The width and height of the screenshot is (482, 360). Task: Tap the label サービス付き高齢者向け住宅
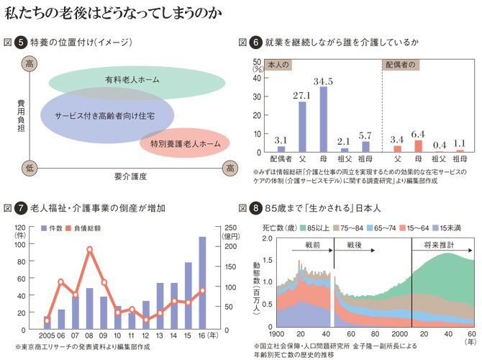click(x=107, y=115)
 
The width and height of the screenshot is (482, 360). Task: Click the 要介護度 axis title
click(x=130, y=175)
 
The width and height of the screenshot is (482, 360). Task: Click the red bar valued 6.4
click(x=418, y=145)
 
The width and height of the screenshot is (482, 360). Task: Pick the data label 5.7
click(x=365, y=135)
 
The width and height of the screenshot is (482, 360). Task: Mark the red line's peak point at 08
click(x=90, y=250)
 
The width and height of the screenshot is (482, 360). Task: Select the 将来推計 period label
click(x=438, y=246)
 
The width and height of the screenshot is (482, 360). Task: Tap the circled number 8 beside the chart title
click(x=255, y=209)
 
